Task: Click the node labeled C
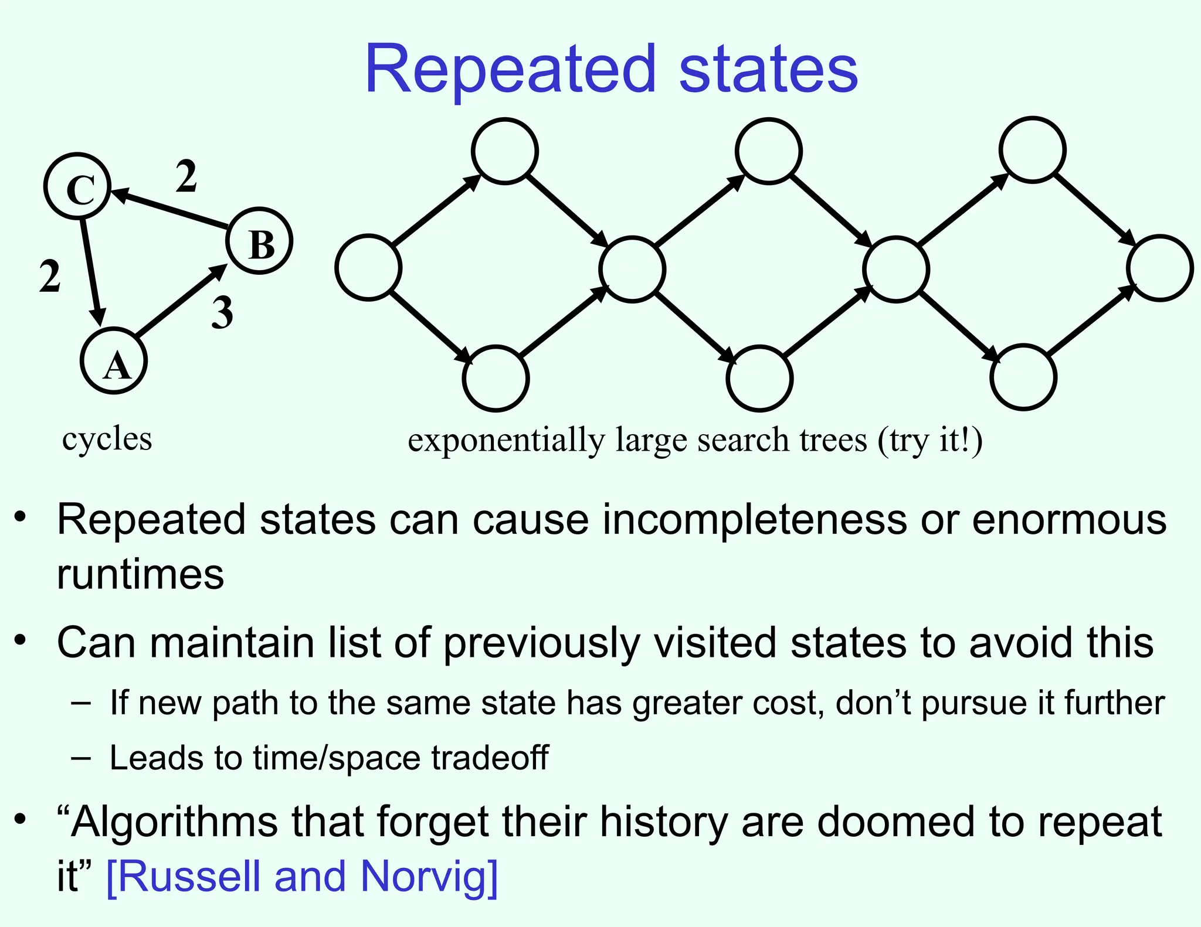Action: coord(77,186)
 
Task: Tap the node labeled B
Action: coord(260,241)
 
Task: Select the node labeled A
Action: coord(114,361)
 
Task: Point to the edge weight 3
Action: coord(222,313)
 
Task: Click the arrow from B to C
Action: coord(170,208)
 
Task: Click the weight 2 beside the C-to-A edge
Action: coord(50,276)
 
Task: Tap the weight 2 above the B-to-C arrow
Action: coord(186,176)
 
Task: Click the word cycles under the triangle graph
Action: coord(107,439)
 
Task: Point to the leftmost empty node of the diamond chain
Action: coord(368,268)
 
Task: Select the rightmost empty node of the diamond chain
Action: coord(1159,268)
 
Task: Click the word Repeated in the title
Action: coord(510,70)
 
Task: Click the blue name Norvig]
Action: coord(429,876)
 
